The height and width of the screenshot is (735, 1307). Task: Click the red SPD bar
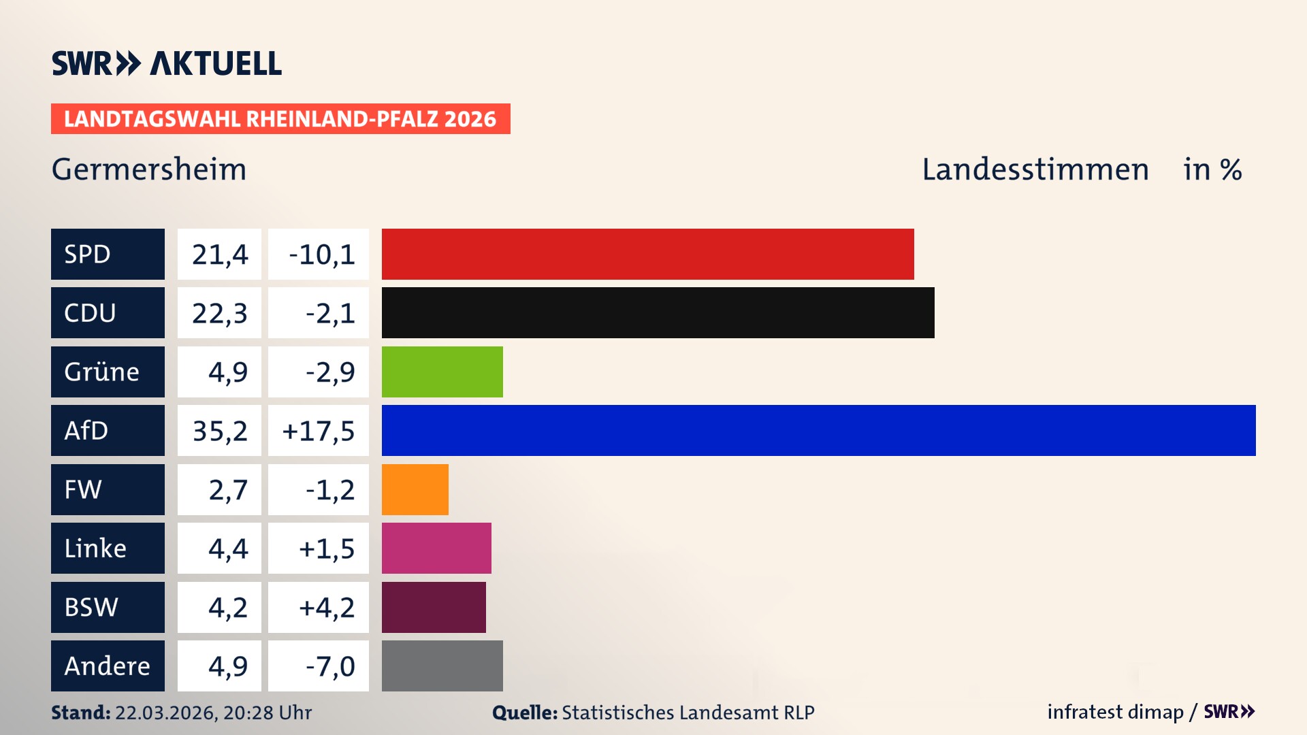647,254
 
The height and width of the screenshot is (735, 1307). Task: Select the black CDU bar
658,312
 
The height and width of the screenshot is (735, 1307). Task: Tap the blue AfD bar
818,430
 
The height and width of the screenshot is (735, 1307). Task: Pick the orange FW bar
415,489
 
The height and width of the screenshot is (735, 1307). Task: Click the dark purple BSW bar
434,607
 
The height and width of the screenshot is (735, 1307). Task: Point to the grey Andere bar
442,666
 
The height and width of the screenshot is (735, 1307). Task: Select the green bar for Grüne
442,372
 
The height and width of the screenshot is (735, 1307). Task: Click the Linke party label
108,548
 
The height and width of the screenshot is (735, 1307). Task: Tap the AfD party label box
108,430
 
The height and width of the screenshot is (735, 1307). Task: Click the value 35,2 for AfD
219,431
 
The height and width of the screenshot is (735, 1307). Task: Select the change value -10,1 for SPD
321,255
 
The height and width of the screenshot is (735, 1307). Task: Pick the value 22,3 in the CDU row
219,313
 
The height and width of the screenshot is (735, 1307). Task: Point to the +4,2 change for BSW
326,607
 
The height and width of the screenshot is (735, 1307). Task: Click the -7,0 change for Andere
329,666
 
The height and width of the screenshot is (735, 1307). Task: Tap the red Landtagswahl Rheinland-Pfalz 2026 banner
280,119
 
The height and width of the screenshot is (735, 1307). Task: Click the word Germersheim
149,169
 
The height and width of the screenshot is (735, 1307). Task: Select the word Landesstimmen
1035,169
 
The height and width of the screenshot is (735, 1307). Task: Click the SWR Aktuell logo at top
166,63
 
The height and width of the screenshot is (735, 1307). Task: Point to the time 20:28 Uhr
267,713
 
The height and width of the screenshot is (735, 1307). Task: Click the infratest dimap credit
1114,712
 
